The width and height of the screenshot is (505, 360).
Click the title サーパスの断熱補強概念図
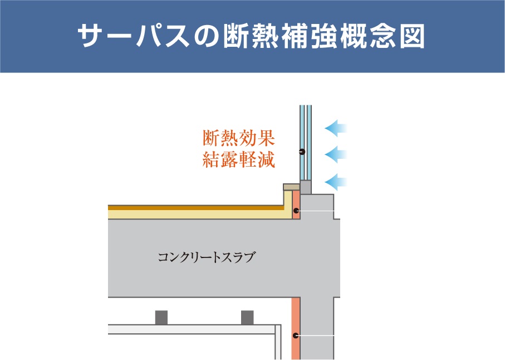[x=251, y=36]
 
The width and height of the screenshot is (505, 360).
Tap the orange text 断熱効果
[x=239, y=138]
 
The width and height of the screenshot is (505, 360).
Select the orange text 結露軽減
[x=239, y=159]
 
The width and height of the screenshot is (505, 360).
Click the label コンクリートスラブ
[x=207, y=257]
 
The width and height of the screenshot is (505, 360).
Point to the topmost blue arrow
[x=336, y=128]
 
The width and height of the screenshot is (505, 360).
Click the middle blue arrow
[x=336, y=154]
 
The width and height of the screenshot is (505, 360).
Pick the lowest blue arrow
[x=336, y=182]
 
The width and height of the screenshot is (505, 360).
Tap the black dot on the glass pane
[x=302, y=151]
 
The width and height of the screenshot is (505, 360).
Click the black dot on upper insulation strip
[x=296, y=211]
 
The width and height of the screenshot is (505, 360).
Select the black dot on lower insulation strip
[x=296, y=335]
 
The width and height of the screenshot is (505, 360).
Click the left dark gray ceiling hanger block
[x=161, y=318]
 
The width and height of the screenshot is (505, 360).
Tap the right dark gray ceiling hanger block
[x=247, y=318]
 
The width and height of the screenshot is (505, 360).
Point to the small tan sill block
[x=291, y=187]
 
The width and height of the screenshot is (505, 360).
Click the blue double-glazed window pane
[x=305, y=143]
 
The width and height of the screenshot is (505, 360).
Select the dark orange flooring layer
[x=196, y=208]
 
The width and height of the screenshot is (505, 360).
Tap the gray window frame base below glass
[x=305, y=187]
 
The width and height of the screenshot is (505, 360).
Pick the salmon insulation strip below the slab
[x=296, y=328]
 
